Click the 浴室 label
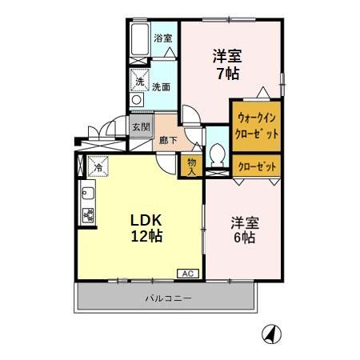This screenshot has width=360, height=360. coord(163,38)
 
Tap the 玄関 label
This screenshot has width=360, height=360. coord(141,126)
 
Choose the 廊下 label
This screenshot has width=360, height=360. coord(167,139)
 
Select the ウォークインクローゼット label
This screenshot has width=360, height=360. coord(257,126)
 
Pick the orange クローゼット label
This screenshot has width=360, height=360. coord(257,166)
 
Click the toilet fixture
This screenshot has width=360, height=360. coord(216,154)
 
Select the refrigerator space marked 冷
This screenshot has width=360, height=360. coord(98,166)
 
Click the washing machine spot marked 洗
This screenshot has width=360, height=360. coord(138,82)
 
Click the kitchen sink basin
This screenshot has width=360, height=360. coord(87,193)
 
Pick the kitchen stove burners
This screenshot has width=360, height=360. coord(87,215)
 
